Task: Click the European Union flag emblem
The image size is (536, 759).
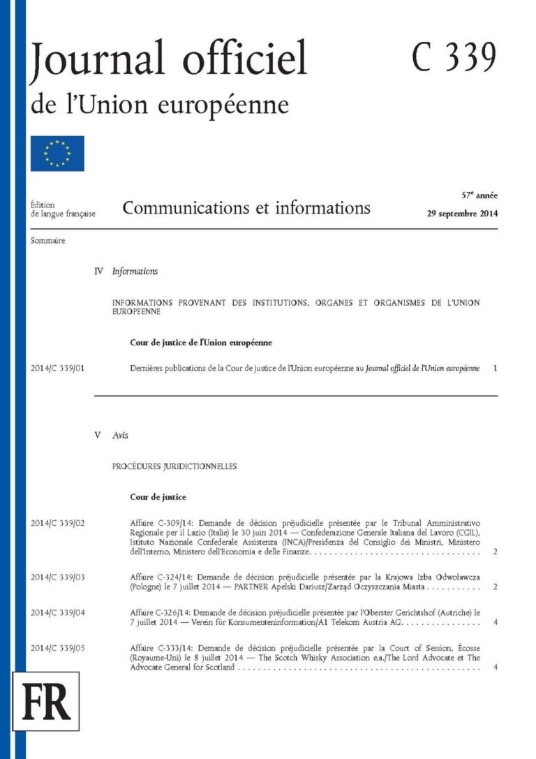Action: [57, 154]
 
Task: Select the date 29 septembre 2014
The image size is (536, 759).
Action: [462, 214]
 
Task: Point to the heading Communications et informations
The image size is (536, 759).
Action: [246, 207]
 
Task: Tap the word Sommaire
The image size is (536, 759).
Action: [48, 241]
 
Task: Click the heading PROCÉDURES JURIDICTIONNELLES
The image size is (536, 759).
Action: [174, 465]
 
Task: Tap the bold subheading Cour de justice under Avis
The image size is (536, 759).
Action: [158, 497]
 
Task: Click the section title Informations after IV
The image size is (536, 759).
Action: [135, 271]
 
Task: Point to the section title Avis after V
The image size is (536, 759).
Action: [120, 435]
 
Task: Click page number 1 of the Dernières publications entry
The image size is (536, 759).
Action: [494, 367]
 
